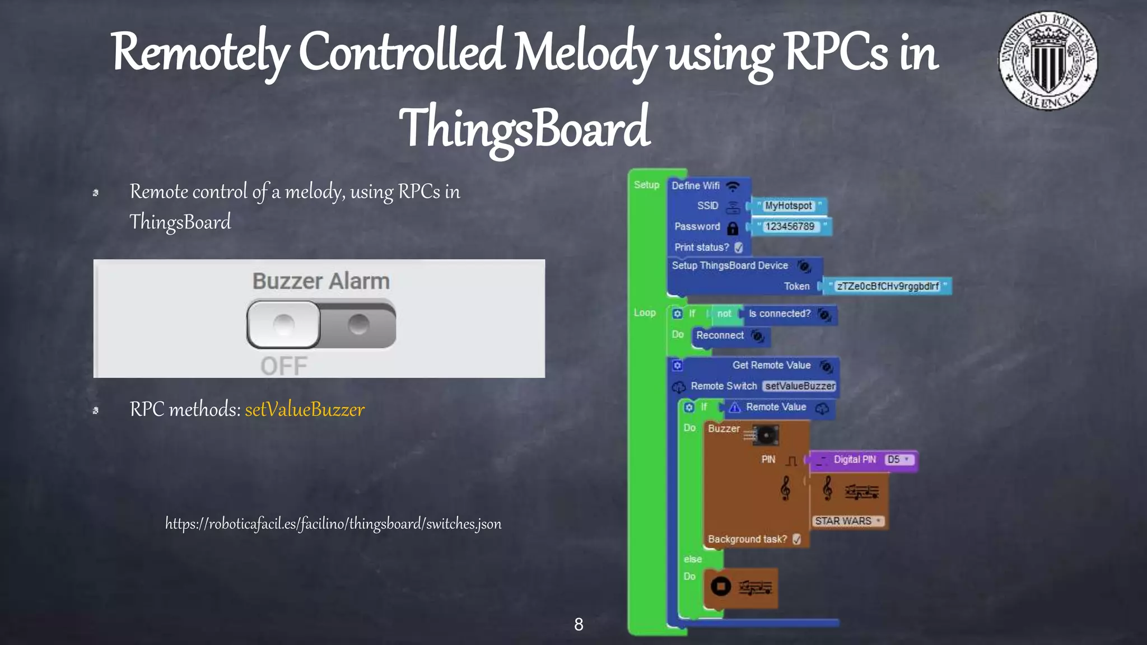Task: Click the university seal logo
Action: [x=1048, y=60]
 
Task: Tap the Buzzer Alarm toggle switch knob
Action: [x=284, y=325]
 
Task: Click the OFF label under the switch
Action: [x=284, y=366]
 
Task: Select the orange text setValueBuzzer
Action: [x=305, y=410]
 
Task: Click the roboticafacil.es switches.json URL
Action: [x=333, y=524]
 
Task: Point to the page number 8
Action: [x=579, y=624]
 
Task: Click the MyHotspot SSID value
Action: [x=788, y=206]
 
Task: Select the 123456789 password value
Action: [x=790, y=227]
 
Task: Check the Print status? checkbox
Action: [x=739, y=247]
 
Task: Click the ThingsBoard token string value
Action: [x=888, y=287]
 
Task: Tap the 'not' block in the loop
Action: [x=724, y=314]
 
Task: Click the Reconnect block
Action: [x=720, y=335]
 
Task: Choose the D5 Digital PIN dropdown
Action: [x=899, y=460]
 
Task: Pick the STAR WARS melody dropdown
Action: [x=847, y=521]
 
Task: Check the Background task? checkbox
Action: [x=797, y=539]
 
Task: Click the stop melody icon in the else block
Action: [x=721, y=587]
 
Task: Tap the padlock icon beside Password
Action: [x=733, y=228]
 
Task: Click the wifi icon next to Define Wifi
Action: [x=733, y=186]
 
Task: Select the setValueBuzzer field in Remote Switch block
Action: [x=800, y=386]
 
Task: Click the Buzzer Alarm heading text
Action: [x=321, y=281]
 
